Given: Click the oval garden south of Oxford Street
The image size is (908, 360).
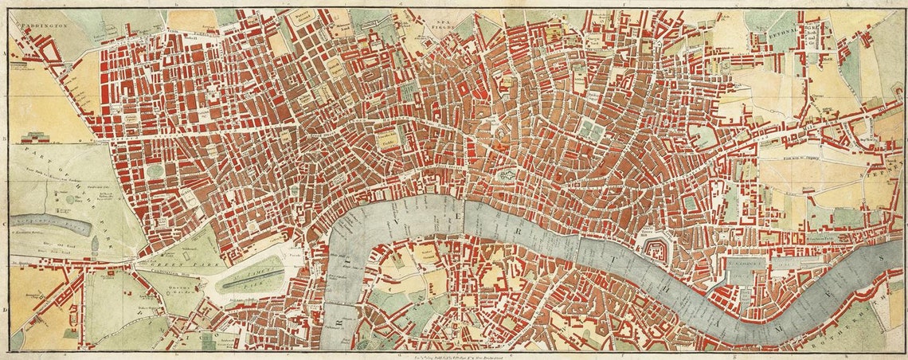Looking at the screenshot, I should [x=155, y=170].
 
